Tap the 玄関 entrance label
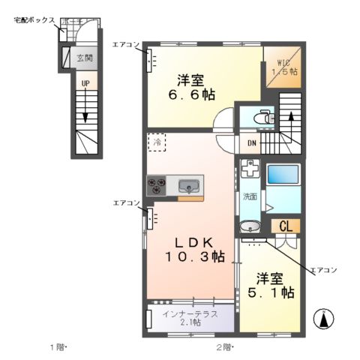pos(84,58)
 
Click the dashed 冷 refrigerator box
pos(157,142)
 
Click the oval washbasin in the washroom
pos(249,226)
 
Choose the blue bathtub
pos(283,175)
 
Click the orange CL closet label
pos(285,226)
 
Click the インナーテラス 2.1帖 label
pos(190,318)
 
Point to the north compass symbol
pos(323,319)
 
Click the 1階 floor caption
pos(58,348)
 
